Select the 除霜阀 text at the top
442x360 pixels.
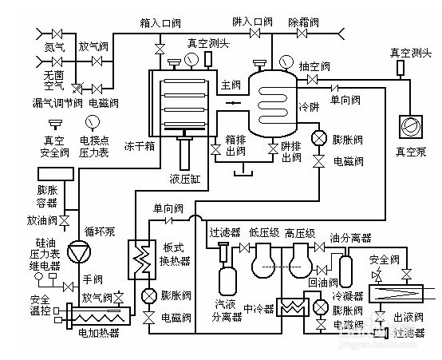point(304,22)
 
